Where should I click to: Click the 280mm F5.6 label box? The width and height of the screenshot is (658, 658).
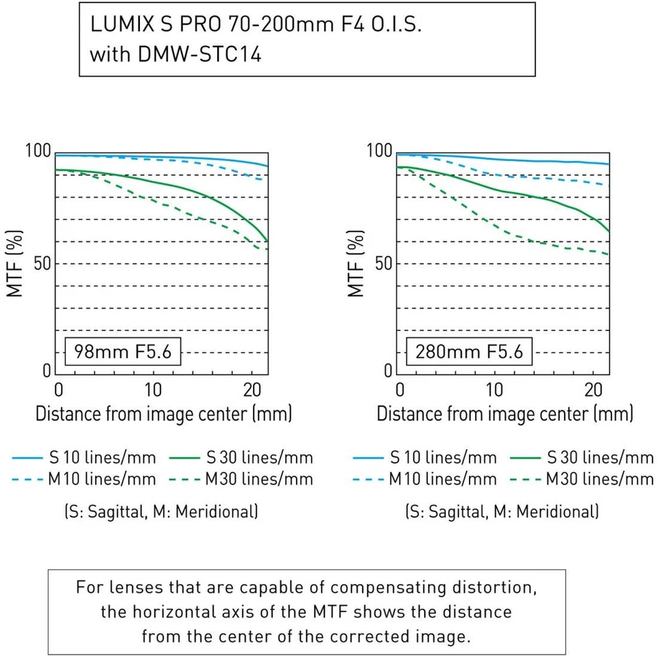click(x=469, y=353)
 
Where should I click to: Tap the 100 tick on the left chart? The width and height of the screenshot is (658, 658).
click(x=38, y=151)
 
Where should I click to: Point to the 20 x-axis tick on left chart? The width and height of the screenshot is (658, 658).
click(x=252, y=391)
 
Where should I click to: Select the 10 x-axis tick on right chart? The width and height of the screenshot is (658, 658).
click(x=493, y=391)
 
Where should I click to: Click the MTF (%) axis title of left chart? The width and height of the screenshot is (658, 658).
click(x=16, y=264)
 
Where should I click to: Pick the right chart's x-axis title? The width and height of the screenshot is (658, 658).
click(x=504, y=414)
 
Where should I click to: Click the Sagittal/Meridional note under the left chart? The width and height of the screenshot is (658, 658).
click(x=161, y=511)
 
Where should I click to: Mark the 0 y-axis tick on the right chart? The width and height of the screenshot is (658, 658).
click(x=389, y=371)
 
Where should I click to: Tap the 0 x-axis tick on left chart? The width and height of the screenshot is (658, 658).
click(x=59, y=391)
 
